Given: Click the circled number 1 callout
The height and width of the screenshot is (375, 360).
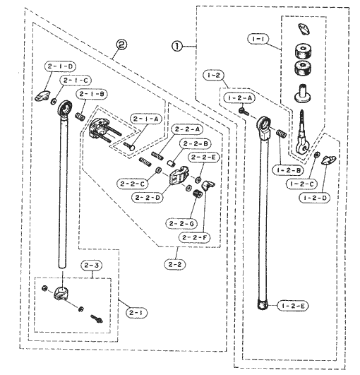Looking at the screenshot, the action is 177,46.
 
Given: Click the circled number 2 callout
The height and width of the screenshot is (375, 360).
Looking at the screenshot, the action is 121,44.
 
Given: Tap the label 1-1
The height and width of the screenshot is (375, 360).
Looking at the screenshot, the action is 258,39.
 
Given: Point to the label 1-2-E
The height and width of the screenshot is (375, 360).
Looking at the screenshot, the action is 293,306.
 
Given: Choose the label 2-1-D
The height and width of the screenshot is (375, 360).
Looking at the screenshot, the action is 60,66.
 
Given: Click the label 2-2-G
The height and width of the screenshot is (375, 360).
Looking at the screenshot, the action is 181,224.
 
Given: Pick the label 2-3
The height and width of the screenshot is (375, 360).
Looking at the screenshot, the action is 92,266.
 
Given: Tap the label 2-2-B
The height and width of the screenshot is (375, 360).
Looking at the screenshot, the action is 196,144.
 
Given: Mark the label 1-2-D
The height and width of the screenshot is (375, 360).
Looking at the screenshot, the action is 315,198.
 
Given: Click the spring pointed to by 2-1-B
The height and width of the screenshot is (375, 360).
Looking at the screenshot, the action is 80,117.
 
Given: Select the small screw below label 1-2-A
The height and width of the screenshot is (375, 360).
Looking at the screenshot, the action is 244,111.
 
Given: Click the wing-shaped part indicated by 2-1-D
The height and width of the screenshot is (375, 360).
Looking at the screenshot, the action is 42,95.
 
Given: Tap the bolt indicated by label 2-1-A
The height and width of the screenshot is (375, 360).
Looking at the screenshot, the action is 130,146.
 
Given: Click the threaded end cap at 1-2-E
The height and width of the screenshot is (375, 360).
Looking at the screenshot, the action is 263,305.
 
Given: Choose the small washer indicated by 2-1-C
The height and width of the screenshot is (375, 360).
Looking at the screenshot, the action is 54,102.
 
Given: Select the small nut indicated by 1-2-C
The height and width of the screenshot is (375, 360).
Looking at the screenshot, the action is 316,155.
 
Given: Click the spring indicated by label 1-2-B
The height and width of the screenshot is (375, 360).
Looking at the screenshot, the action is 282,133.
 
